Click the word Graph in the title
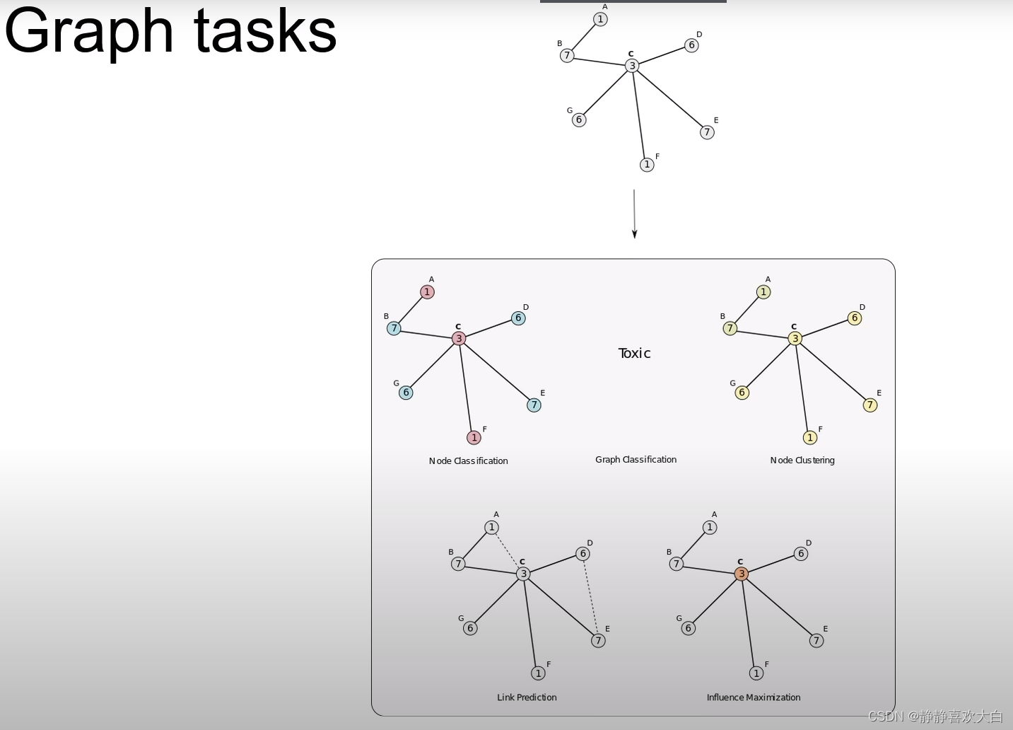coord(88,32)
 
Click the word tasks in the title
coord(265,32)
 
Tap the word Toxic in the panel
coord(634,353)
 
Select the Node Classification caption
coord(468,460)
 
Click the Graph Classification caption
coord(636,459)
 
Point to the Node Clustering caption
coord(802,460)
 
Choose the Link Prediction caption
coord(527,697)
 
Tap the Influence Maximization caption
coord(754,697)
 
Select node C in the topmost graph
coord(632,66)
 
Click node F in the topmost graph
coord(647,165)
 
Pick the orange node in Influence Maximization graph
coord(742,574)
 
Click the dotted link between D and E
coord(590,597)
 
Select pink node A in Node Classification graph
coord(427,292)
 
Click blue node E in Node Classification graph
coord(534,405)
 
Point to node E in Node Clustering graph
coord(870,405)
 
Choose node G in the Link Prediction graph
coord(470,628)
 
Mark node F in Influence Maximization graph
coord(756,673)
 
